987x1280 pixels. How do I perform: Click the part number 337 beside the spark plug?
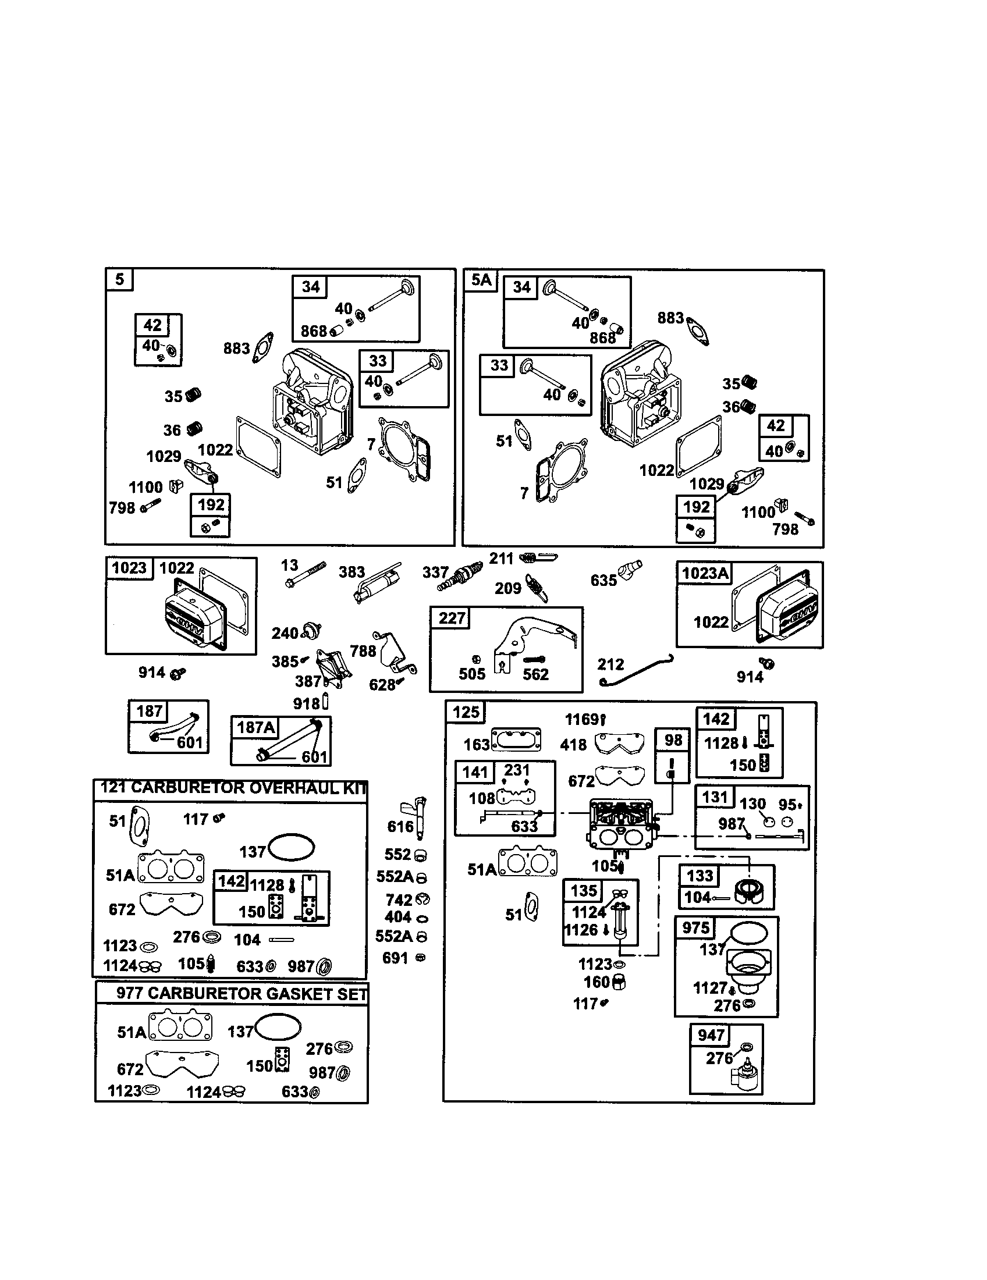[435, 572]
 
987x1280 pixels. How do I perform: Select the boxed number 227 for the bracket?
[451, 618]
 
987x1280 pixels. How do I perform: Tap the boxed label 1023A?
[705, 573]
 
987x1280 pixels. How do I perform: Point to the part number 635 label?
[603, 581]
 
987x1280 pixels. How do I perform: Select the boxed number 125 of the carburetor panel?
[466, 712]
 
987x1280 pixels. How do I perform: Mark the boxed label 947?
[711, 1035]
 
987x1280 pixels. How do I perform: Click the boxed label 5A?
[481, 280]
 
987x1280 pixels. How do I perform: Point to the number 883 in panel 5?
[236, 349]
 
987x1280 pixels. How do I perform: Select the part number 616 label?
[400, 826]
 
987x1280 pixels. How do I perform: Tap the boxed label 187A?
[255, 727]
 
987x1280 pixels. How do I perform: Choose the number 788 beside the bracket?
[363, 651]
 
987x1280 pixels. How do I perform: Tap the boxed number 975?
[695, 927]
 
